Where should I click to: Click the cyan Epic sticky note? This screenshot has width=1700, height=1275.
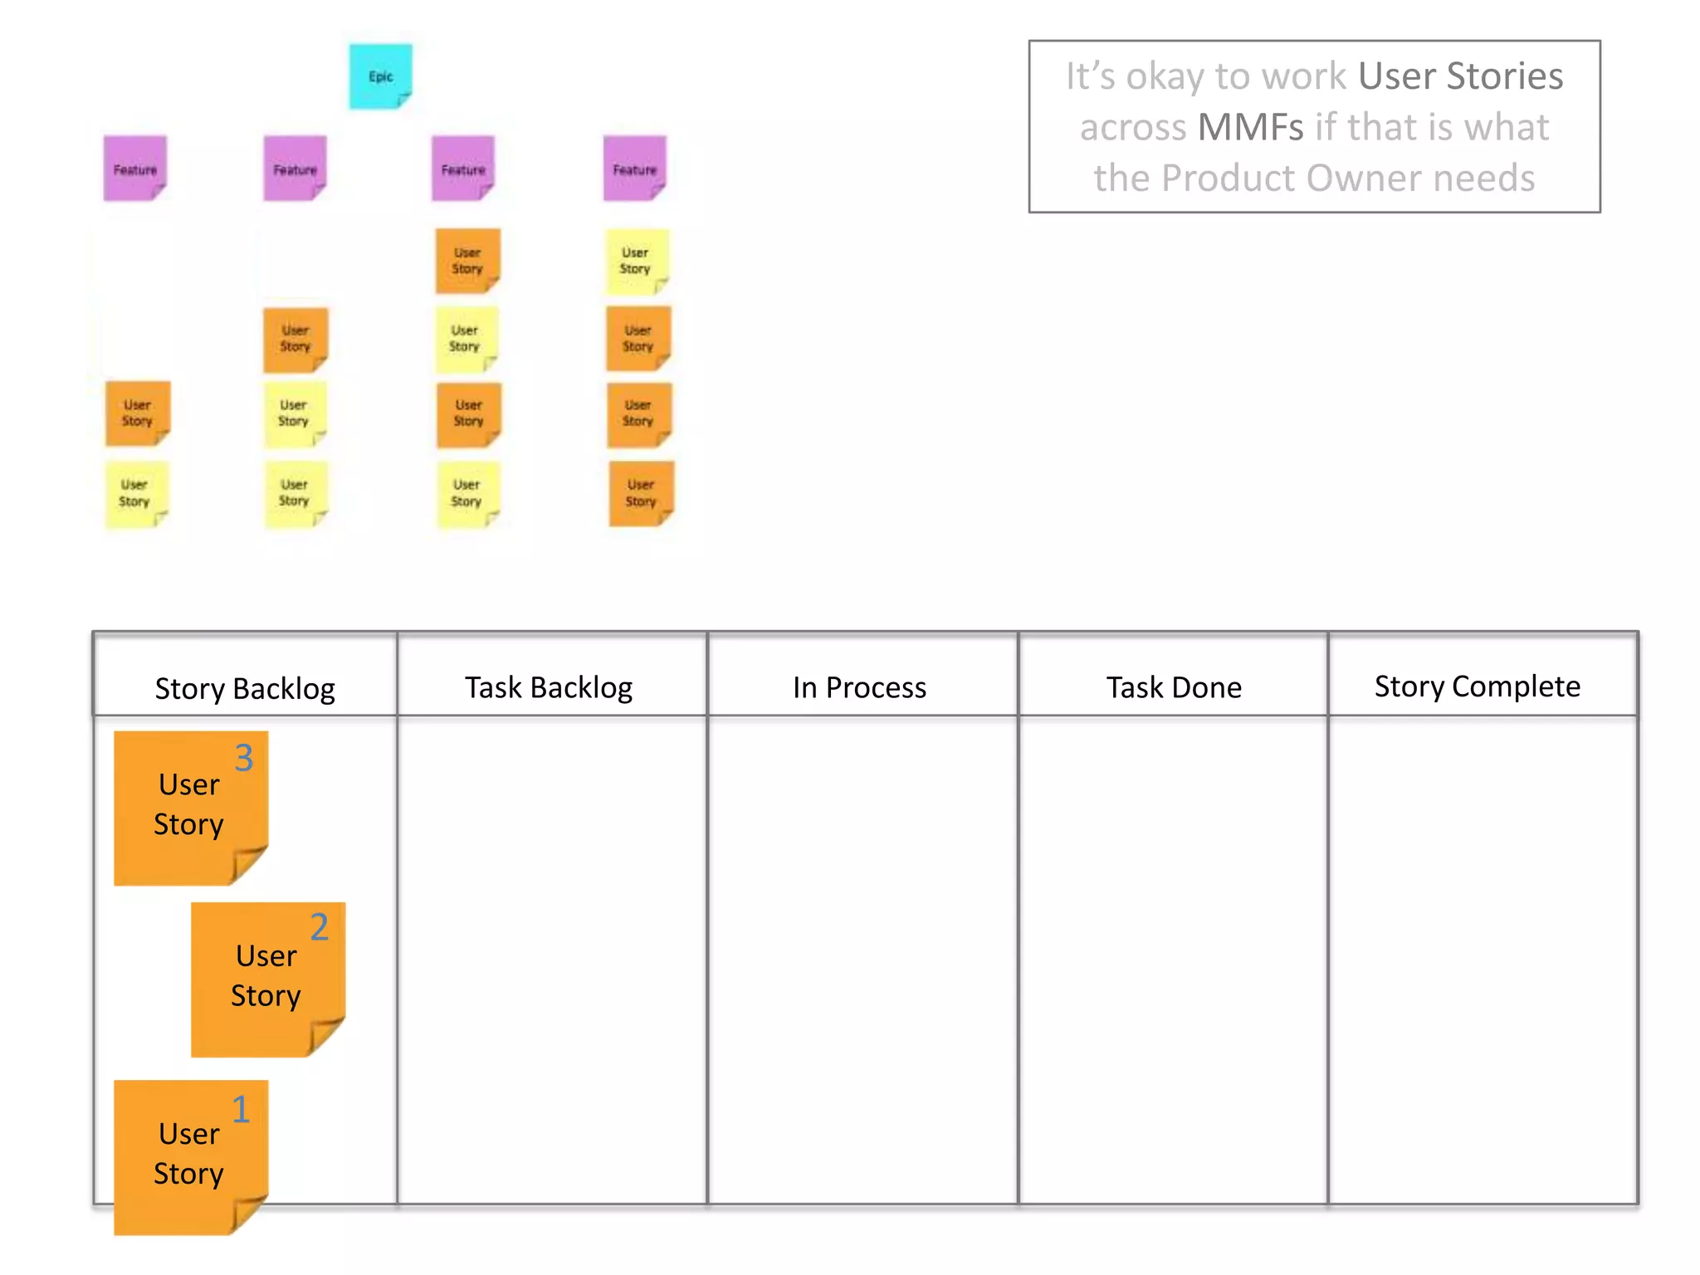[x=380, y=76]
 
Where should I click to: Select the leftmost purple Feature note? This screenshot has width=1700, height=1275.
[x=134, y=169]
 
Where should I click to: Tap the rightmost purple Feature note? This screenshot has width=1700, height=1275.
[x=634, y=169]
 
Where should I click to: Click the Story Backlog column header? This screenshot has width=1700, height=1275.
[x=245, y=688]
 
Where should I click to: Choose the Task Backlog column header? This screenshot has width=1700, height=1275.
[x=549, y=687]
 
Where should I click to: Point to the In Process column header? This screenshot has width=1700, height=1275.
[x=859, y=687]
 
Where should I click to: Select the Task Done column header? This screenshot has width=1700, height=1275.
[x=1174, y=687]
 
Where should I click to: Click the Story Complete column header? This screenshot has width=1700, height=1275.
[x=1477, y=686]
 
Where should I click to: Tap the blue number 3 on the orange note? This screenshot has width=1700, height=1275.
[x=243, y=758]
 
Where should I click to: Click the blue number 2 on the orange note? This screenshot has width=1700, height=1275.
[x=320, y=927]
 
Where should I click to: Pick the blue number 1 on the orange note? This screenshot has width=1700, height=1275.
[x=241, y=1110]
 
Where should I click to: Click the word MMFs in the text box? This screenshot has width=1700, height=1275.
[x=1250, y=128]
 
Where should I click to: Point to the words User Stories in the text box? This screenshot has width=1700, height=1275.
[x=1460, y=76]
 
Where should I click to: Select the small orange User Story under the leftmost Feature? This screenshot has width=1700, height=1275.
[x=138, y=413]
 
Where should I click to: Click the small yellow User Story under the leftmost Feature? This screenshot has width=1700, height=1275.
[x=135, y=494]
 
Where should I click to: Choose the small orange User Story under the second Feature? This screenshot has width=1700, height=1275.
[x=295, y=339]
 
